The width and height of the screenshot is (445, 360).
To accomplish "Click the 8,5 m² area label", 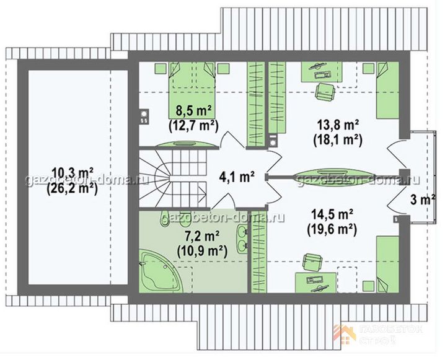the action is (x=194, y=110).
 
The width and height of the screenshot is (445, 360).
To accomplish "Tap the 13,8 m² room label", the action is (x=338, y=125).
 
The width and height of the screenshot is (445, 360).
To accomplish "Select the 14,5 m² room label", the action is (x=332, y=214).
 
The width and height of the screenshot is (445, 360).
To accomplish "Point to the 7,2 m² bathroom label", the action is (x=202, y=236).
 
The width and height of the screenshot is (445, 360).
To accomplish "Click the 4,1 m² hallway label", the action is (x=236, y=177).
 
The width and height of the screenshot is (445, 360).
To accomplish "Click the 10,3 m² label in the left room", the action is (x=72, y=173).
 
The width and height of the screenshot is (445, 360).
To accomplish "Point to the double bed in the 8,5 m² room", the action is (x=192, y=90).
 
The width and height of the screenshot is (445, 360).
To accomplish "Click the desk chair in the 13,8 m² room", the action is (x=325, y=91).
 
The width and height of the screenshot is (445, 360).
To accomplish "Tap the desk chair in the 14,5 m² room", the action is (x=312, y=262).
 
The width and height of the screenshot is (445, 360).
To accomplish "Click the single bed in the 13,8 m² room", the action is (x=388, y=90).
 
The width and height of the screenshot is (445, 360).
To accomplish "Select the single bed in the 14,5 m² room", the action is (x=388, y=265).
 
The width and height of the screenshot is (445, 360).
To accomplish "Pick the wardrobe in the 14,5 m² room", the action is (x=259, y=252).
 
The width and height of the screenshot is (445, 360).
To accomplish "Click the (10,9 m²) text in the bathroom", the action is (x=202, y=251).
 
